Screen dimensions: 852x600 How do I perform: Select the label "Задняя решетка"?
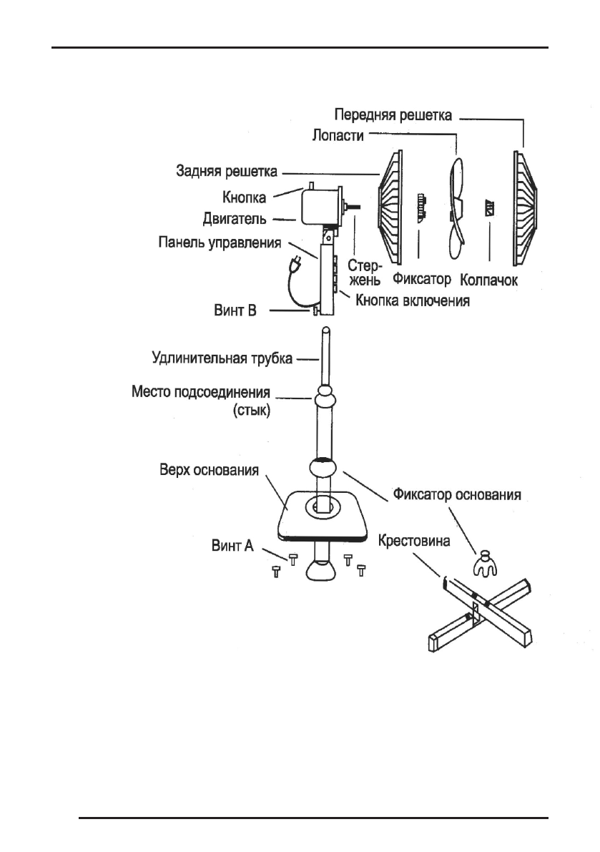227,172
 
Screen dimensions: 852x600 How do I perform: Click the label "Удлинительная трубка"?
222,358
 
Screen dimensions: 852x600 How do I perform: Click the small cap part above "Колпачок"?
491,210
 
